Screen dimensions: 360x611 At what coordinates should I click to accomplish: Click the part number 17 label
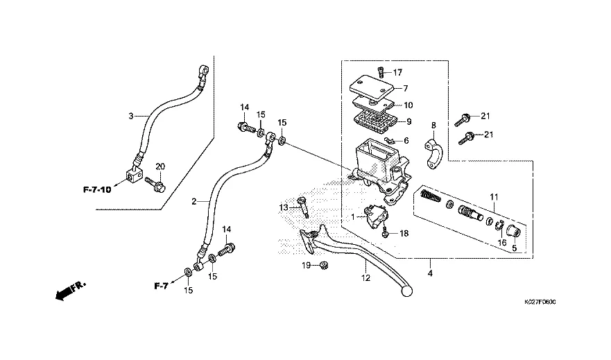coord(397,72)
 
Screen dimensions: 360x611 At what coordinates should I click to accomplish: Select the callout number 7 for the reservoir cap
coord(406,88)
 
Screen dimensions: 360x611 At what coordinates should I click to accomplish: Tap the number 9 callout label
coord(409,121)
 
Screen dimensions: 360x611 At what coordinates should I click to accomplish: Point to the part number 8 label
coord(433,126)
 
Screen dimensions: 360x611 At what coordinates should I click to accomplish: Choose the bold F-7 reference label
coord(161,285)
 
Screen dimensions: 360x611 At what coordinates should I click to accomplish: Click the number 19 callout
coord(304,266)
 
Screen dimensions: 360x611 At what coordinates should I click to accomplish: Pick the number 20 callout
coord(160,166)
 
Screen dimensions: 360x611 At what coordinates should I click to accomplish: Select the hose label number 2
coord(195,201)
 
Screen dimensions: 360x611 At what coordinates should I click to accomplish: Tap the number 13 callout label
coord(284,207)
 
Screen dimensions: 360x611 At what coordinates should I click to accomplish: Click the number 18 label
coord(404,234)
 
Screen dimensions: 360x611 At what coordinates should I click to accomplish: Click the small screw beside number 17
coord(380,69)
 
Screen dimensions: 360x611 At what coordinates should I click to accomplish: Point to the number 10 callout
coord(408,105)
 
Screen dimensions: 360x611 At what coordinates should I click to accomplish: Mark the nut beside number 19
coord(322,266)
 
